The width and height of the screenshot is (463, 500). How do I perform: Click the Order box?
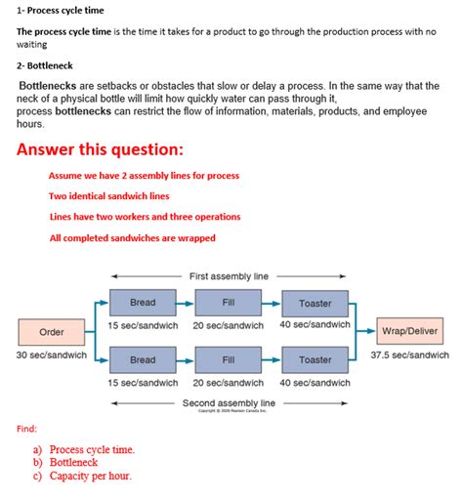tap(52, 332)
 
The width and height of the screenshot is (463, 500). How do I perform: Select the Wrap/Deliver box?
tap(410, 331)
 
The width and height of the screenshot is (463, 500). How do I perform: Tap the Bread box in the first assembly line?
tap(143, 303)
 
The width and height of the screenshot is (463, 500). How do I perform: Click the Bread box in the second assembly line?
tap(143, 360)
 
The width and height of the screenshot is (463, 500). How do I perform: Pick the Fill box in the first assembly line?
tap(229, 303)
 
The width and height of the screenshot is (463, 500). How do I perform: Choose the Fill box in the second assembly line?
tap(229, 360)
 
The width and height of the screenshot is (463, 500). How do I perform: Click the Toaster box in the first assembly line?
tap(315, 303)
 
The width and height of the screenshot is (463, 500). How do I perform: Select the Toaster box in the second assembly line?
tap(315, 360)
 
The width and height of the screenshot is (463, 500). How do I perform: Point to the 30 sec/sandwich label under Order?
tap(52, 355)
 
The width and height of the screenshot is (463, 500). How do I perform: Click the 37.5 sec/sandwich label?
tap(410, 355)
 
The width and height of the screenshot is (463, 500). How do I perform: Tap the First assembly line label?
tap(229, 276)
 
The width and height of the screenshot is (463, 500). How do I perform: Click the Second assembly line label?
tap(230, 402)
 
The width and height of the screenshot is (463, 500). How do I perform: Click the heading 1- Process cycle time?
tap(61, 11)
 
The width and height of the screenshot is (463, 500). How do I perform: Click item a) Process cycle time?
tap(84, 450)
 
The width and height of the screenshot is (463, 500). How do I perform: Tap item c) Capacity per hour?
tap(83, 476)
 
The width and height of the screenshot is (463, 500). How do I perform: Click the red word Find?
tap(27, 429)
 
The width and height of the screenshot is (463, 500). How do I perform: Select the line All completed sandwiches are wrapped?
tap(132, 237)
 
